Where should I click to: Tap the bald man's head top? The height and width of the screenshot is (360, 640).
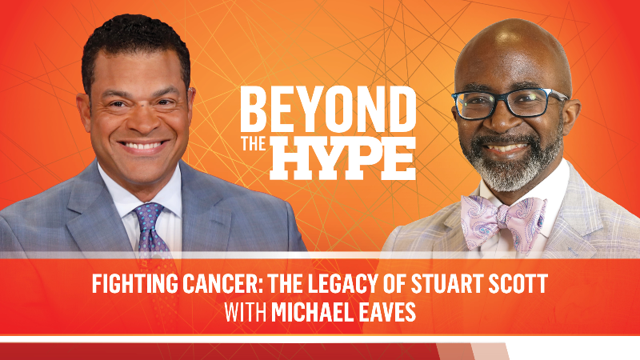tap(512, 40)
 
